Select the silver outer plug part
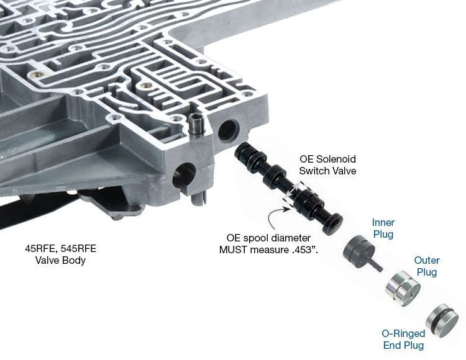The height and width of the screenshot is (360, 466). (x=402, y=286)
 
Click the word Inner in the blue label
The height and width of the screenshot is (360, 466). (x=383, y=222)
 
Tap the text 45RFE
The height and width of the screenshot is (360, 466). (x=40, y=248)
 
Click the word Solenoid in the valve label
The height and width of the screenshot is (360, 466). (x=336, y=160)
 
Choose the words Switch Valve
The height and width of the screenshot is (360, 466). (x=327, y=171)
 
